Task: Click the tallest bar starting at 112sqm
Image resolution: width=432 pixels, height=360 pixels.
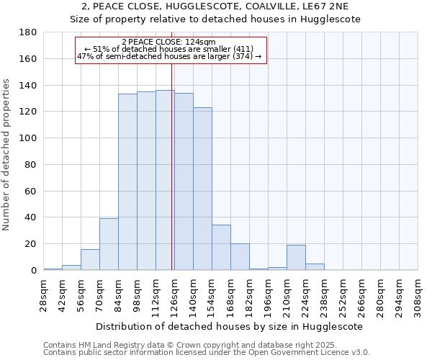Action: tap(165, 180)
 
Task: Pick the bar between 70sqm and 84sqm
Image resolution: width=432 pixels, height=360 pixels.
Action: tap(109, 244)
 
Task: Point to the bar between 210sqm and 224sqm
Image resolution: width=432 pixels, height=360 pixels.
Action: tap(296, 258)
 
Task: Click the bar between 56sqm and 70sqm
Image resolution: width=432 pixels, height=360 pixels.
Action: tap(90, 260)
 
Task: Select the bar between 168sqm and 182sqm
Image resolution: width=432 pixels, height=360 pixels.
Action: tap(240, 257)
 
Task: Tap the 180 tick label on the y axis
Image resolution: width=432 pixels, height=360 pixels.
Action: tap(28, 32)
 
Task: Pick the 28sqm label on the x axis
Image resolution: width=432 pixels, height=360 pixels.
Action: tap(44, 294)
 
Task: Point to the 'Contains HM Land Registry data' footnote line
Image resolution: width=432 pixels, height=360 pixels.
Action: tap(180, 346)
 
